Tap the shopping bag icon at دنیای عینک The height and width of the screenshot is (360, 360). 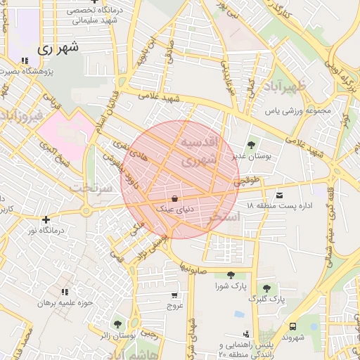click(174, 198)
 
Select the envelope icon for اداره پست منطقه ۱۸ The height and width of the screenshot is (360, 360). click(280, 194)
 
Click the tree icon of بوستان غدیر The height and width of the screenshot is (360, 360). click(251, 145)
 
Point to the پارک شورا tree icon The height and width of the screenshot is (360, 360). click(231, 276)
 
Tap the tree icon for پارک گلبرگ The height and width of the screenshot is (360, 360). click(266, 288)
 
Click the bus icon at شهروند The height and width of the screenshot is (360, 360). click(292, 326)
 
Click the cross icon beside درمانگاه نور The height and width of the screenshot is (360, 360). click(46, 219)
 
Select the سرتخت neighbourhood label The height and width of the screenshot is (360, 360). click(92, 188)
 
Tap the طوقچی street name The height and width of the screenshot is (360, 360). click(250, 180)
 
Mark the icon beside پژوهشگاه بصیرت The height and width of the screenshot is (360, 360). click(25, 60)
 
